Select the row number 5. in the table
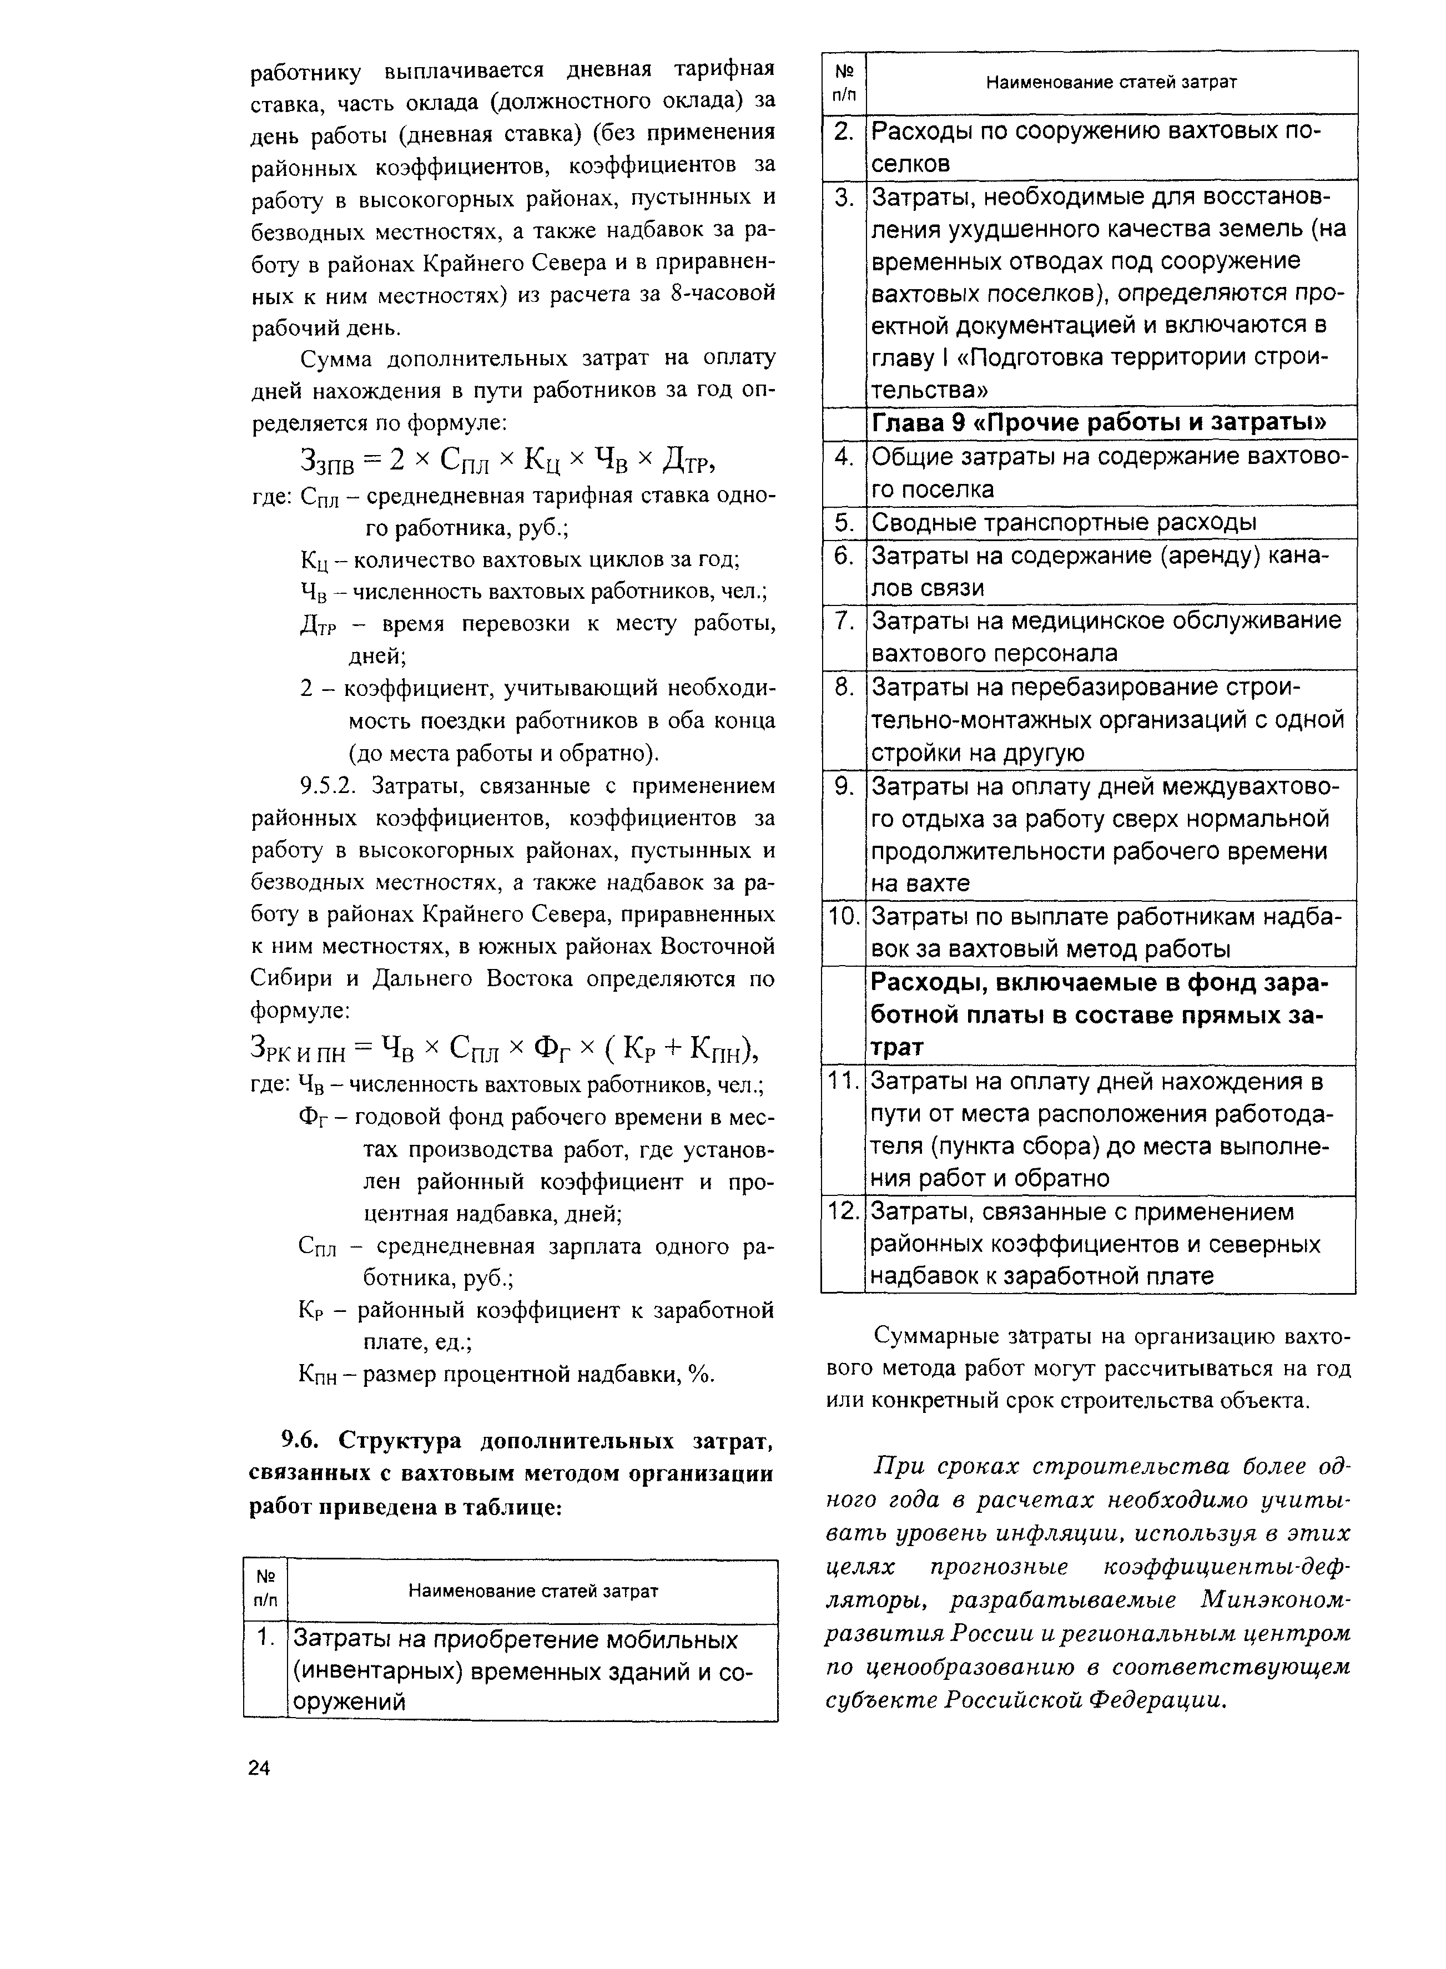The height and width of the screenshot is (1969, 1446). coord(843,522)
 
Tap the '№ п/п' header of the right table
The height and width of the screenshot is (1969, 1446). coord(844,82)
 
